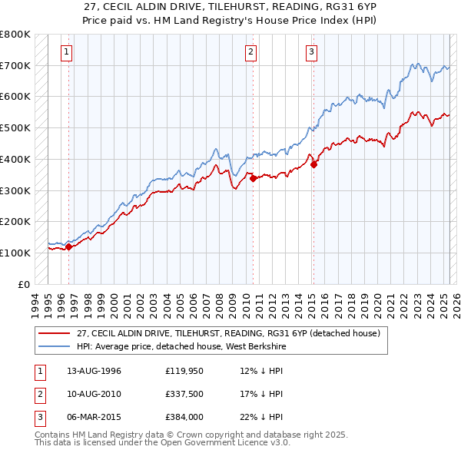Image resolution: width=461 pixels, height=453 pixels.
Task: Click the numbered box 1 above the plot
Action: [x=68, y=52]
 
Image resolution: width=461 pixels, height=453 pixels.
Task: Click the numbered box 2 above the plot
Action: [x=251, y=52]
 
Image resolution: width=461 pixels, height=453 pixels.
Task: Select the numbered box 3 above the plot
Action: [x=311, y=52]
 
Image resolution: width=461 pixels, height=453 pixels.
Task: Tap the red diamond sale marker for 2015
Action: [x=313, y=163]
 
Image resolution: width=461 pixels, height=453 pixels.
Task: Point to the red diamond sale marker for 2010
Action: [x=253, y=179]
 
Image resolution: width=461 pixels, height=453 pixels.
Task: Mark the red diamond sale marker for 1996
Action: [x=68, y=246]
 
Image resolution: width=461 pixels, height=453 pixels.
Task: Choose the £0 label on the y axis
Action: [x=24, y=284]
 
